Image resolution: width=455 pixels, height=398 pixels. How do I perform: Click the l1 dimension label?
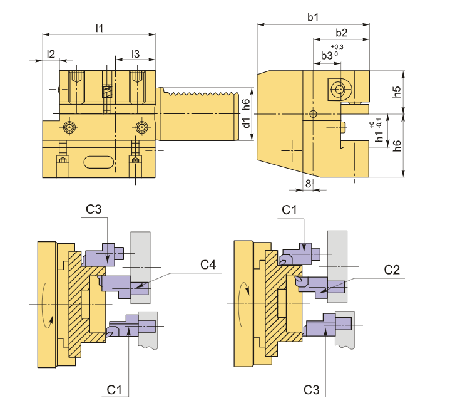point(99,28)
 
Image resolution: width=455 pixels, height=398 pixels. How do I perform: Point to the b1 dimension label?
point(313,17)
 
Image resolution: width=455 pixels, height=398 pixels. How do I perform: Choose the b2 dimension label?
point(342,33)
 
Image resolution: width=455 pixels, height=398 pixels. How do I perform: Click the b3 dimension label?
point(327,56)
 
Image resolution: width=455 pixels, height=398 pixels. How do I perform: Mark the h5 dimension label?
point(397,92)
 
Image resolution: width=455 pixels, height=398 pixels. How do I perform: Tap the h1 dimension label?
point(379,134)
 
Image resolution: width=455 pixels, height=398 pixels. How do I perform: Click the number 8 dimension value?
point(308,183)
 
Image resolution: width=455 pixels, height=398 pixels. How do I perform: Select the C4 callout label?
point(208,265)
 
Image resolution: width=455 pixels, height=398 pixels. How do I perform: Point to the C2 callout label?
point(392,270)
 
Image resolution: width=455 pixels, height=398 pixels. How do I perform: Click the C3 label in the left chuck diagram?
point(94,209)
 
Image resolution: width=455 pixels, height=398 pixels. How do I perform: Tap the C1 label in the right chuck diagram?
point(289,210)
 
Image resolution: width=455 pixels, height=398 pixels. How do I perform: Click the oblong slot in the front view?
point(99,162)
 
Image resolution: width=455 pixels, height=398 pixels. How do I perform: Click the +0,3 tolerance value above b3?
point(337,47)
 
